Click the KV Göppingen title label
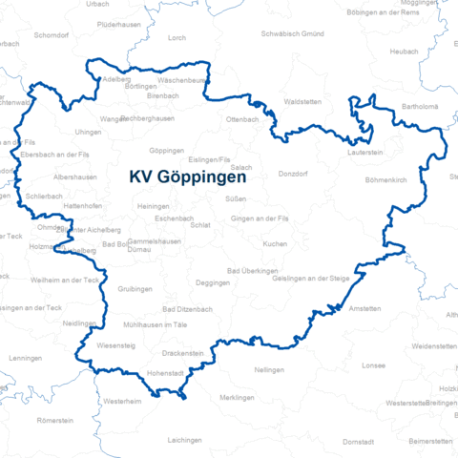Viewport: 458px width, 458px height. click(x=188, y=177)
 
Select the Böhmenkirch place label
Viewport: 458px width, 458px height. click(x=386, y=179)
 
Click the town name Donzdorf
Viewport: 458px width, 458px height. click(x=294, y=175)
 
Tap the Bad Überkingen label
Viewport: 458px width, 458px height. click(x=252, y=271)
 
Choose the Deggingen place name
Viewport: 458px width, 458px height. click(x=212, y=283)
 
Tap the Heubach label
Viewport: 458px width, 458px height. click(x=405, y=51)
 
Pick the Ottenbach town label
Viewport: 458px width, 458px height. click(x=242, y=118)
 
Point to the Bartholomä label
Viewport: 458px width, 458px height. click(x=420, y=107)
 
